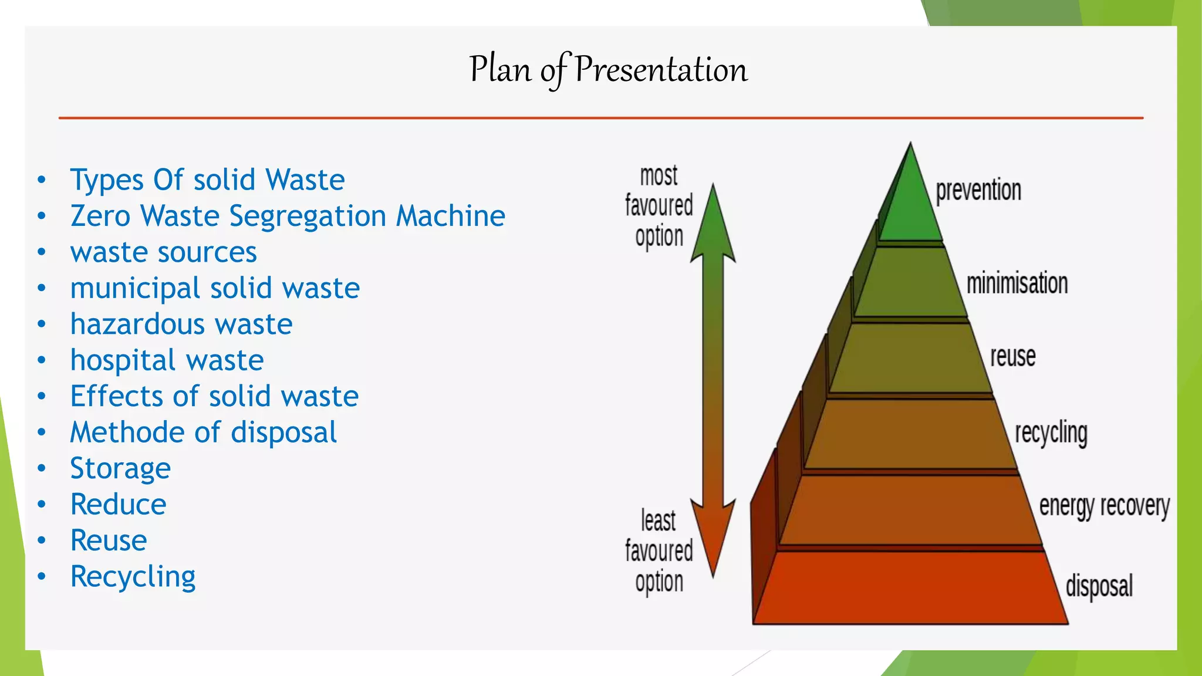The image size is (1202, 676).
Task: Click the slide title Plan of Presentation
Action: point(608,69)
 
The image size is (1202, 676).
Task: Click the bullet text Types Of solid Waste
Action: point(207,180)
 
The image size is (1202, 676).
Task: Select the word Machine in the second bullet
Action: point(450,216)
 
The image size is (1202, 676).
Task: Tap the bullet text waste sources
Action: point(163,252)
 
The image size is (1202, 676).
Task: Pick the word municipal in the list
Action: point(135,288)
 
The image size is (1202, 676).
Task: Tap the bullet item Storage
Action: point(120,468)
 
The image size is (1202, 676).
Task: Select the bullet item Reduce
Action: point(118,505)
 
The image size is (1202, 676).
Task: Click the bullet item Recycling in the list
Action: point(133,577)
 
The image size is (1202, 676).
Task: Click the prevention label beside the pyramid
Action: point(978,191)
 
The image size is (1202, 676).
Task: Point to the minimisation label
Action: point(1017,283)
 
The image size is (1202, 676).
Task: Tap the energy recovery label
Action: point(1104,506)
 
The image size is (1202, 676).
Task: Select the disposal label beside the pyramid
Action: point(1099,586)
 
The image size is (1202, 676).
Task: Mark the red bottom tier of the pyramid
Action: point(910,589)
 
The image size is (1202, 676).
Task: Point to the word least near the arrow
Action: point(658,521)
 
